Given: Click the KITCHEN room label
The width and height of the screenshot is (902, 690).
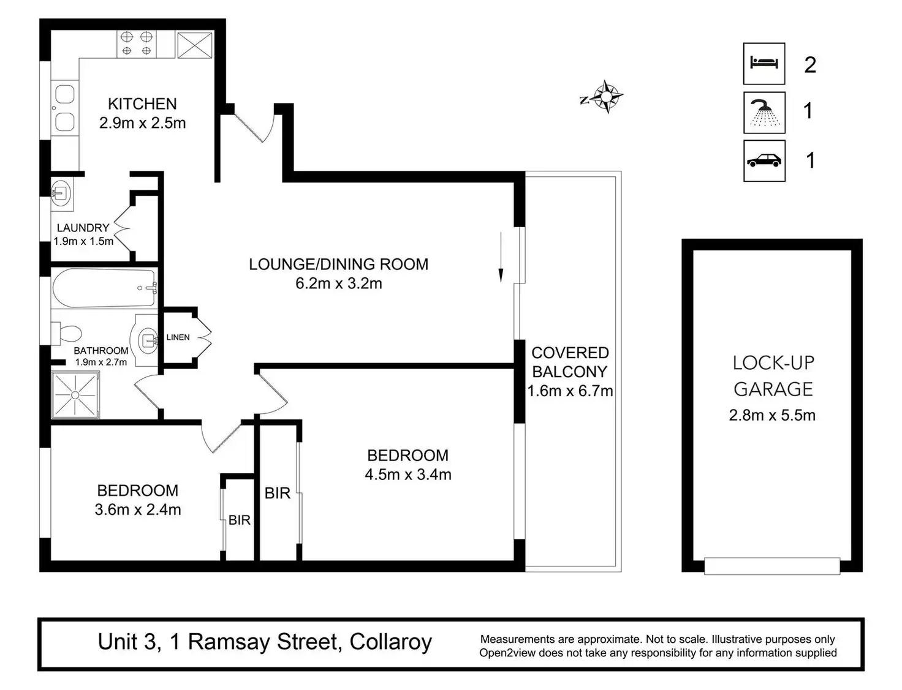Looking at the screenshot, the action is click(142, 103).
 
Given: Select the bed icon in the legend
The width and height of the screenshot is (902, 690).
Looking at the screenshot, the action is click(764, 64).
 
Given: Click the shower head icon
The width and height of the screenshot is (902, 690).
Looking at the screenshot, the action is click(764, 113).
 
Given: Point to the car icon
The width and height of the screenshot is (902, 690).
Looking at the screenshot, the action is click(764, 160).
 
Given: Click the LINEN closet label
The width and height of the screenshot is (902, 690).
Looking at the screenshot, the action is click(178, 337).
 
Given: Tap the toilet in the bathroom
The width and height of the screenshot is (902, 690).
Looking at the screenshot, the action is click(66, 334).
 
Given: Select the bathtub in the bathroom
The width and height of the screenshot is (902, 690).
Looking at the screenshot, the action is click(105, 288).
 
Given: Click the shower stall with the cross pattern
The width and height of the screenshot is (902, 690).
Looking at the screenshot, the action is click(75, 394).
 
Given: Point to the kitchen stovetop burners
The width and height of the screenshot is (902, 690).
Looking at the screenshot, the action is click(137, 43).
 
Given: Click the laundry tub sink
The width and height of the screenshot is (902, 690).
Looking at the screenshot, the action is click(61, 192).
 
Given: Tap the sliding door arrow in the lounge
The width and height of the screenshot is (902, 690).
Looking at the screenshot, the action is click(501, 257).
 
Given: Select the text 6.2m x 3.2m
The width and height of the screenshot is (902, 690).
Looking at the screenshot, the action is click(339, 283).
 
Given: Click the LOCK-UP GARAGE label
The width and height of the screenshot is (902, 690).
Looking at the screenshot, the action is click(773, 376).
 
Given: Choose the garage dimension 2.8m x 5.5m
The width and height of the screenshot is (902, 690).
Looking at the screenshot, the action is click(772, 415).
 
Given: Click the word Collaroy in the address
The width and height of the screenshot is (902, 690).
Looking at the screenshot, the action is click(390, 642).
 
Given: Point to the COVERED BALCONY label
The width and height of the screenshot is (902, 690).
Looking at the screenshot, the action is click(570, 362).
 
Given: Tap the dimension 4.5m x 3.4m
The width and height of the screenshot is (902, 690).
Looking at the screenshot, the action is click(408, 474).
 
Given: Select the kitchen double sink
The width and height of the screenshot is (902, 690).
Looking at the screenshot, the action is click(65, 108).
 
